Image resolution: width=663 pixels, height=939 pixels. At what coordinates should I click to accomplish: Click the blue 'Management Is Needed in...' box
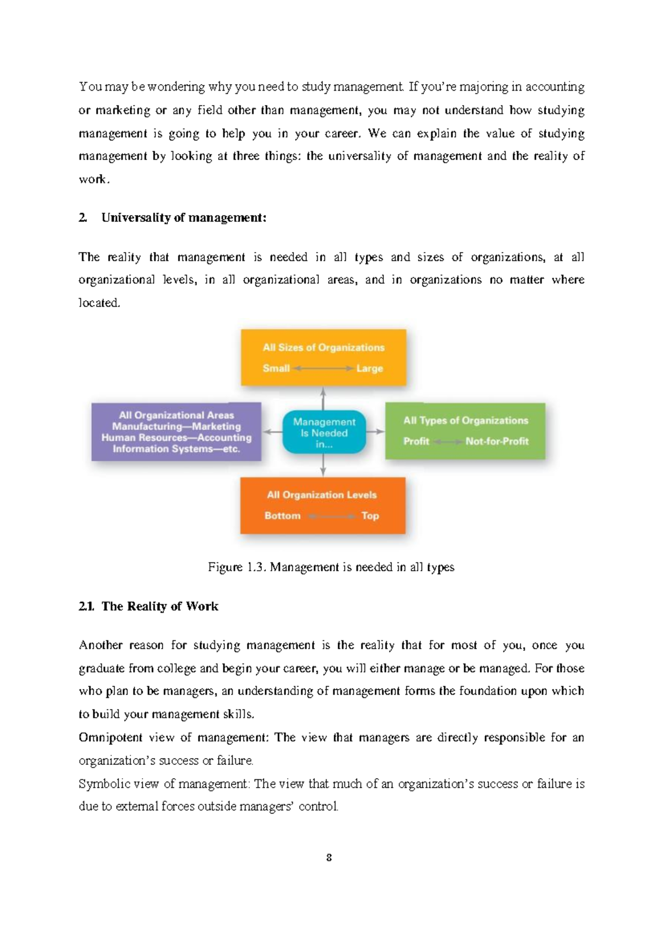(324, 432)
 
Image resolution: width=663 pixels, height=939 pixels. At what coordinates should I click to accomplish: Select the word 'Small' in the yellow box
(276, 368)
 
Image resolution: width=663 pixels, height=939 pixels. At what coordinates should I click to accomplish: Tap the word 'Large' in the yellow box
(370, 368)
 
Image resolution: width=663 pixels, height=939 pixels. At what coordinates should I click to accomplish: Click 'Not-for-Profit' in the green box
(497, 441)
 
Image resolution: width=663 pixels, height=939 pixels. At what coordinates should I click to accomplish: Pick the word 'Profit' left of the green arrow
(416, 441)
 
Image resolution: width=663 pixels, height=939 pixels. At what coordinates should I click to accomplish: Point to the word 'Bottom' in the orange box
(282, 515)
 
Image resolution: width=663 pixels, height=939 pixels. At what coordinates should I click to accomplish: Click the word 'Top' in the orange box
(370, 515)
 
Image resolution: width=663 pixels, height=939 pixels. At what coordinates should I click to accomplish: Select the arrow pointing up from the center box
(323, 398)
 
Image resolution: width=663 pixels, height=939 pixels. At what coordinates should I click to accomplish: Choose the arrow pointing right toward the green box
(376, 431)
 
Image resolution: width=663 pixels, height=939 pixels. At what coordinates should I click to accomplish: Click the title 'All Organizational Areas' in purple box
(176, 415)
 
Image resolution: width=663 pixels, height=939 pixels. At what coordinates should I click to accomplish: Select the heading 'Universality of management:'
(183, 218)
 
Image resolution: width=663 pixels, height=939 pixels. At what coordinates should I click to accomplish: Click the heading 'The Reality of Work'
(160, 606)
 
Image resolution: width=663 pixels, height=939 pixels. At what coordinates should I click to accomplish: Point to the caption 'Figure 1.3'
(237, 567)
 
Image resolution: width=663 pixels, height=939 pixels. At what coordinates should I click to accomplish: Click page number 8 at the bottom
(329, 858)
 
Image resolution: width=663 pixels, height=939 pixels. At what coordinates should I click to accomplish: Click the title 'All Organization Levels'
(322, 495)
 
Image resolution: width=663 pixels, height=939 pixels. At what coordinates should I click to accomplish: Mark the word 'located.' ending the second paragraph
(99, 303)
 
